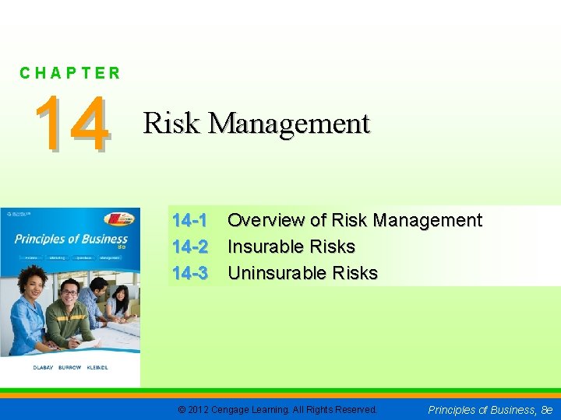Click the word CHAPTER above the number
pos(70,74)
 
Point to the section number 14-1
pos(189,221)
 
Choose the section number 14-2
pos(189,247)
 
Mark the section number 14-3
pos(189,273)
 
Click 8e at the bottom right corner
pos(546,409)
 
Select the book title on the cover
pos(70,239)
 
